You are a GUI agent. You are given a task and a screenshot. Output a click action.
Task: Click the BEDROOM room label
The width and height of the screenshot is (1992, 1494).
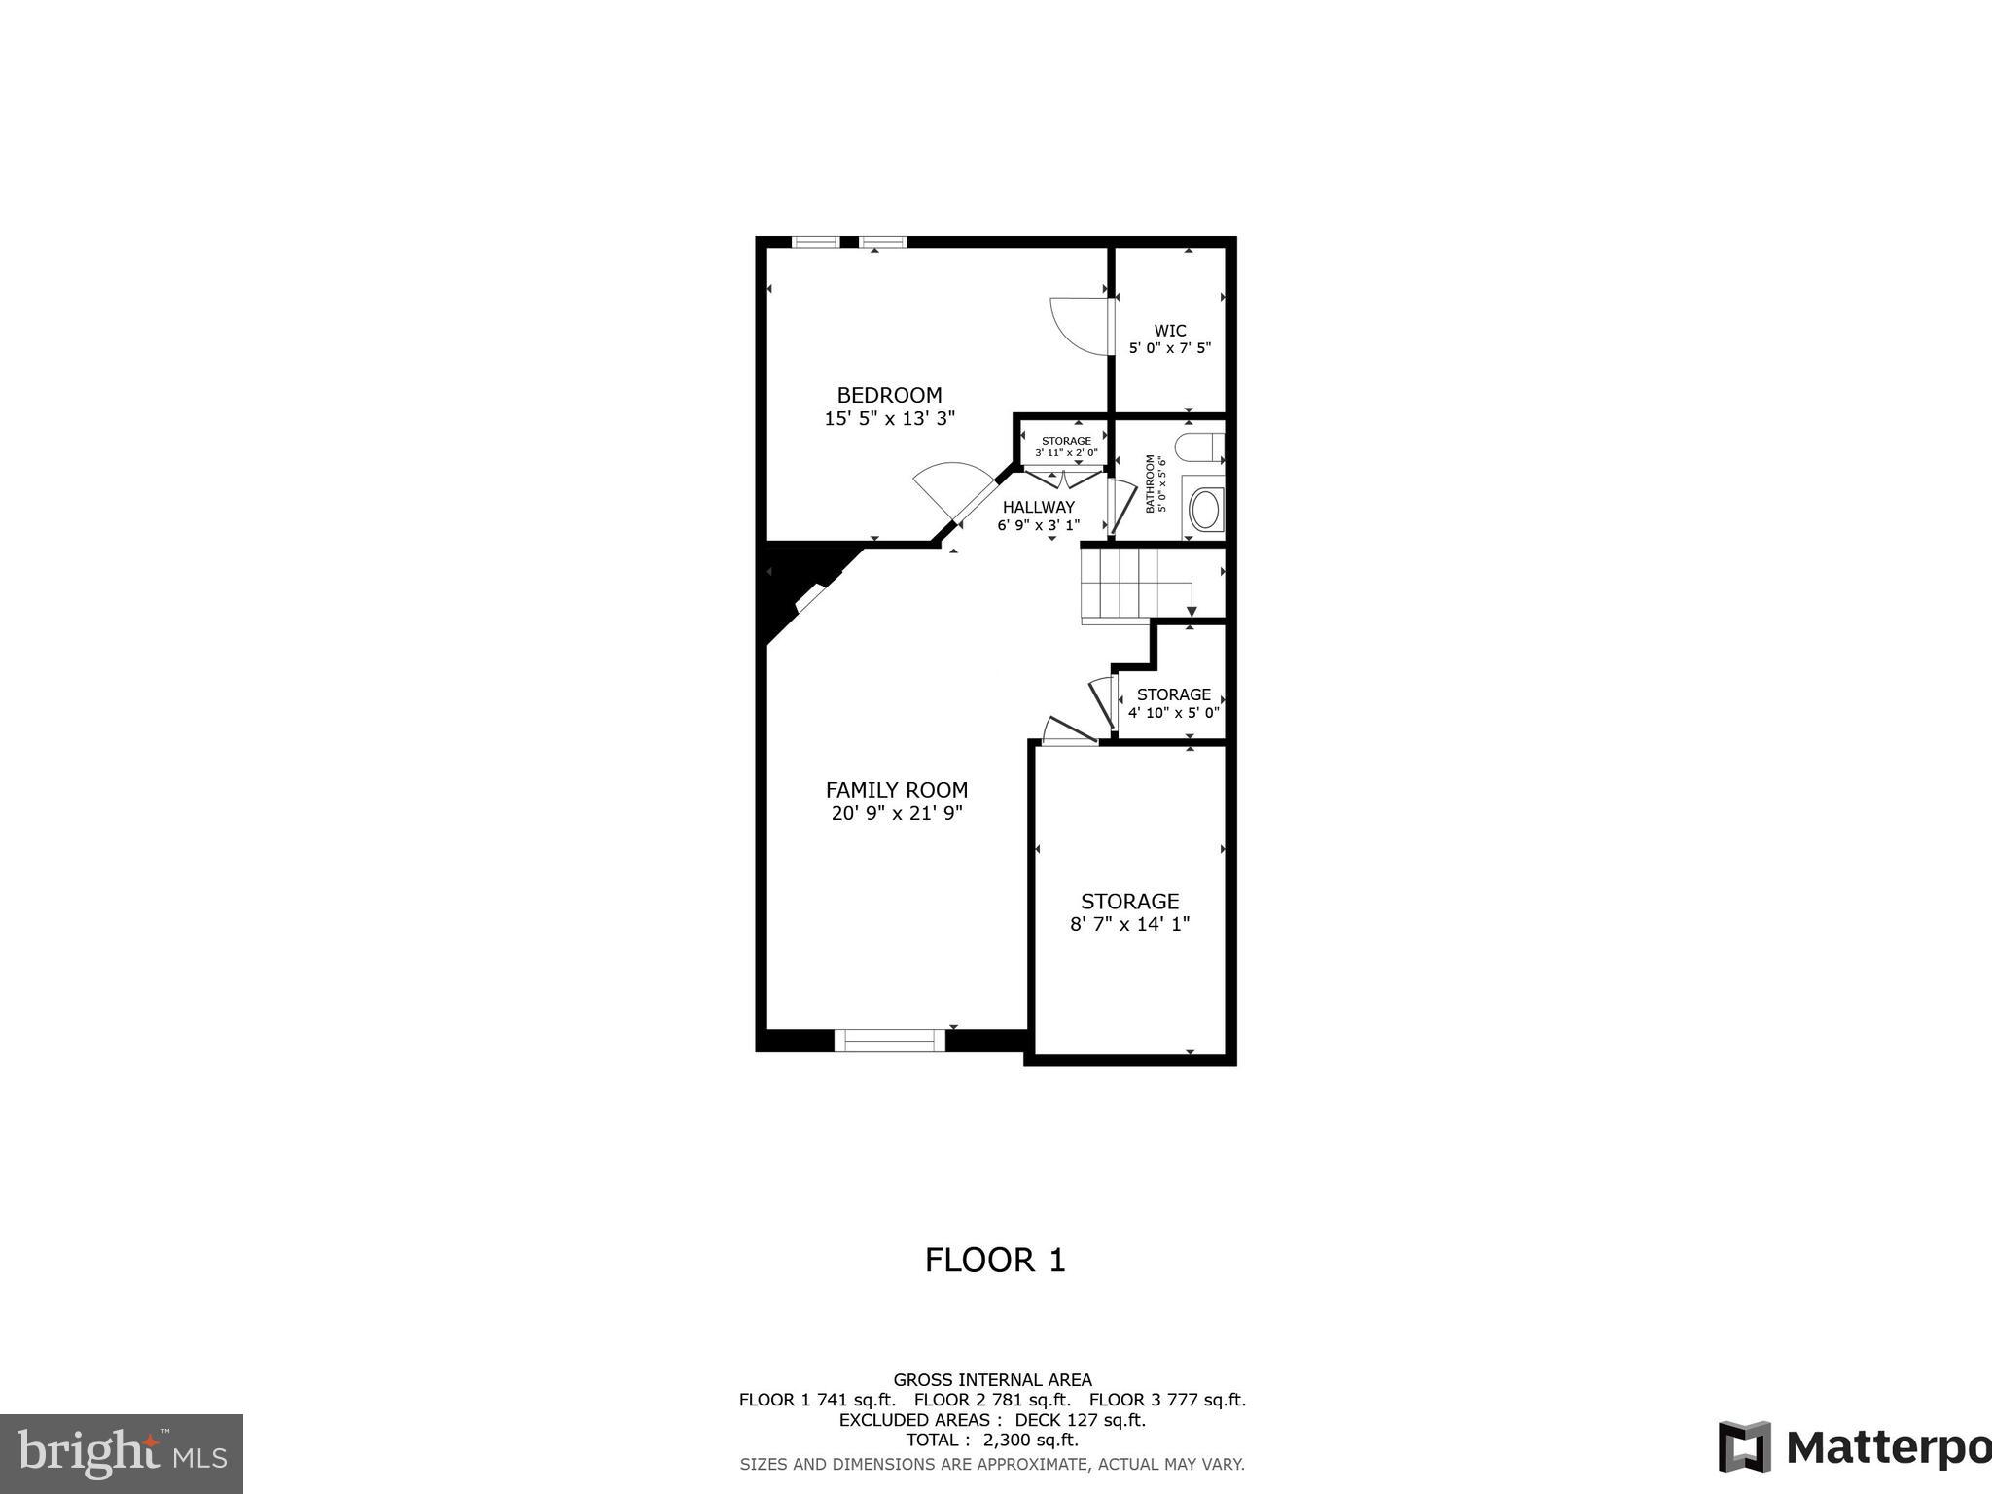(x=889, y=395)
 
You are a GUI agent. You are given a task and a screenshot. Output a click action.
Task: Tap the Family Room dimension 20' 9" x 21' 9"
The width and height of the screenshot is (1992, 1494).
(x=896, y=814)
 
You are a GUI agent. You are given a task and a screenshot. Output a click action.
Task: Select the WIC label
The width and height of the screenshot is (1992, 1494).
(x=1169, y=331)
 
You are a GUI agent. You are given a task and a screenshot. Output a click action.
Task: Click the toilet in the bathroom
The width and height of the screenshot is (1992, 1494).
(x=1200, y=448)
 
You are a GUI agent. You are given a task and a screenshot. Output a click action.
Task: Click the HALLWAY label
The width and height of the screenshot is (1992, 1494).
(x=1038, y=507)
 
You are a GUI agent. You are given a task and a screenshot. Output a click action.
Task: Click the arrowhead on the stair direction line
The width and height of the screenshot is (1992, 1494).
(x=1192, y=611)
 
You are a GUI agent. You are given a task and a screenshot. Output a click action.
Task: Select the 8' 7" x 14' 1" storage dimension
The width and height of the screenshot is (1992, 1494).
(x=1129, y=924)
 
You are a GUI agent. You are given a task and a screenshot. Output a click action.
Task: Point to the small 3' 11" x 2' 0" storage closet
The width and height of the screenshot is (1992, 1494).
(x=1065, y=445)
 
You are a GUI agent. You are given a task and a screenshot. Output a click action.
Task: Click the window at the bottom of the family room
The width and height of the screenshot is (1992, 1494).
(x=889, y=1040)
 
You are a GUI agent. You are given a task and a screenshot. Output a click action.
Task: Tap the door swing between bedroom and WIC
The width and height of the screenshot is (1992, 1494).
(x=1078, y=326)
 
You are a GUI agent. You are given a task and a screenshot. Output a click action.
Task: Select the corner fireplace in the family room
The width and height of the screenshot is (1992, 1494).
(x=810, y=596)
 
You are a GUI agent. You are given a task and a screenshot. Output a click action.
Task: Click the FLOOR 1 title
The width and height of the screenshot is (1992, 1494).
(x=994, y=1261)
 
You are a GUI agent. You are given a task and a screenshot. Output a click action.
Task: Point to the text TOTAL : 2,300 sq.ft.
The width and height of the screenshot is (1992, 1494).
(x=991, y=1440)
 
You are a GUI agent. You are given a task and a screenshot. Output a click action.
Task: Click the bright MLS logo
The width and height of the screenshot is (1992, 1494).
(x=122, y=1454)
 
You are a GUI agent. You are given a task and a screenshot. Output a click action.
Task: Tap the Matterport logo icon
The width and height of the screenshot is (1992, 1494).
(x=1743, y=1446)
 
